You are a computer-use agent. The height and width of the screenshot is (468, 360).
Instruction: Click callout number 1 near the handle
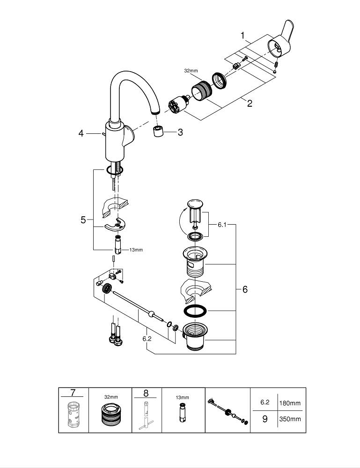(x=242, y=35)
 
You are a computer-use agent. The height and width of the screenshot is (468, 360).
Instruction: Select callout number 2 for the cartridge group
(x=250, y=103)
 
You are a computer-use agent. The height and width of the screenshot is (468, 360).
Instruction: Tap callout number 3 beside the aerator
(x=180, y=132)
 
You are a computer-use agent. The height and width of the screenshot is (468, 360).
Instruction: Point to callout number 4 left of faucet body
(x=81, y=133)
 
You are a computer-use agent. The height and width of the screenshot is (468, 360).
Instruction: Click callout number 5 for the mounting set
(x=83, y=219)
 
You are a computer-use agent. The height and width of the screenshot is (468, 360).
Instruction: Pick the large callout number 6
(x=244, y=289)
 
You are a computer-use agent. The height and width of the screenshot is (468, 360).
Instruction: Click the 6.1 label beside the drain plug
(x=221, y=225)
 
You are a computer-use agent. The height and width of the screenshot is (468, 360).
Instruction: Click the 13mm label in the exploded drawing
(x=136, y=250)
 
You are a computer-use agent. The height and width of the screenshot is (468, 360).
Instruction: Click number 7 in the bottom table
(x=73, y=392)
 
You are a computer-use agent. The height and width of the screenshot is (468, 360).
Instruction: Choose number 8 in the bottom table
(x=146, y=392)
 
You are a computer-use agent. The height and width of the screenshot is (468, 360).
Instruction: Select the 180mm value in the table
(x=290, y=402)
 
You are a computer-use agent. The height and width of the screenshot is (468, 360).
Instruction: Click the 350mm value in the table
(x=290, y=419)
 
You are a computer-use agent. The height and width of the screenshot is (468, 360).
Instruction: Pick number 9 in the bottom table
(x=264, y=419)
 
